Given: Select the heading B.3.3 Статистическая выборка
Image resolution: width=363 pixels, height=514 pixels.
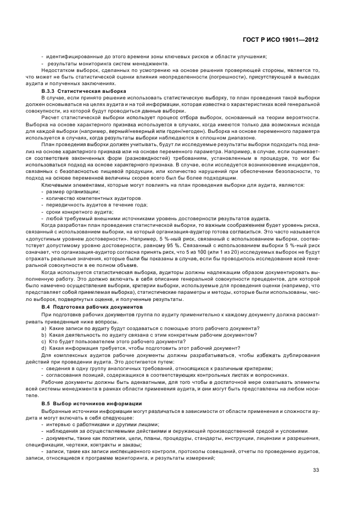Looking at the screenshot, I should pos(83,91).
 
